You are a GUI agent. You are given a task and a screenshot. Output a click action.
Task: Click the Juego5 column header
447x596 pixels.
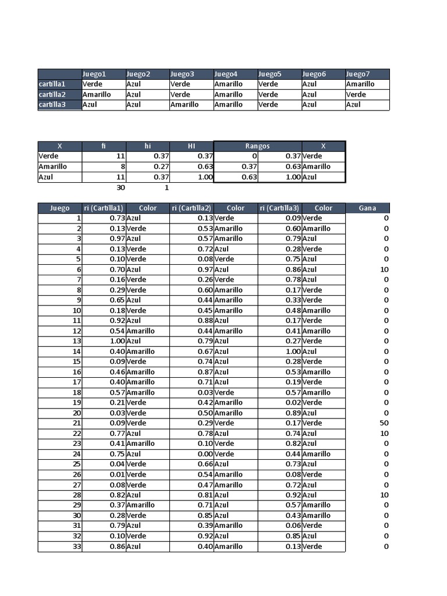269,74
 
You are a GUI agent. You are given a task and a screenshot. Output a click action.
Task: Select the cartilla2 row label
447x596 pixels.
52,94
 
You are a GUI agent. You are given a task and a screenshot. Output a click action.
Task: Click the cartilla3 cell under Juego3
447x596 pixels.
185,105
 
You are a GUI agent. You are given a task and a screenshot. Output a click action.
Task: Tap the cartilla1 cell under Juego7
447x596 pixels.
360,84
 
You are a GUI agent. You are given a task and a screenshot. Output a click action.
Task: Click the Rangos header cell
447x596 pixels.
257,146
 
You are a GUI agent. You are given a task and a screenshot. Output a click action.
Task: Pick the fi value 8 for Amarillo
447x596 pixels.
122,166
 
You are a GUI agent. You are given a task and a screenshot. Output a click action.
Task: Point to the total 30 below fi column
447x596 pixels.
120,187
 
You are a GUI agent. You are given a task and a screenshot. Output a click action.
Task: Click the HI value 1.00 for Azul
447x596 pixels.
205,177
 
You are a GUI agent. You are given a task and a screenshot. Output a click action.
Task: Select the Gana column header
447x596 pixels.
367,208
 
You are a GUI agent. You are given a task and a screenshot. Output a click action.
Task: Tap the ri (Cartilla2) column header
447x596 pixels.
191,208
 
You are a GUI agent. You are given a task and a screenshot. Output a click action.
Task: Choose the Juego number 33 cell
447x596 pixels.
77,547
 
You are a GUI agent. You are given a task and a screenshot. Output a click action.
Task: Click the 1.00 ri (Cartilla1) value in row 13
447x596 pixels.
118,341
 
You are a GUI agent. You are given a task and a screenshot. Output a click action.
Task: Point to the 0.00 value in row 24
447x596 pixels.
205,454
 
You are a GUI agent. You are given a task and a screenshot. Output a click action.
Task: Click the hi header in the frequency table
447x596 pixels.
148,146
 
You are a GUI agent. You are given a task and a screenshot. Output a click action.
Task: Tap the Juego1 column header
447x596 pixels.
94,74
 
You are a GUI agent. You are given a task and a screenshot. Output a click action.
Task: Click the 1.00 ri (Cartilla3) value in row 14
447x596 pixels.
293,352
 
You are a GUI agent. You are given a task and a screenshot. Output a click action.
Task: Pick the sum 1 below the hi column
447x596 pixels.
166,187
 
